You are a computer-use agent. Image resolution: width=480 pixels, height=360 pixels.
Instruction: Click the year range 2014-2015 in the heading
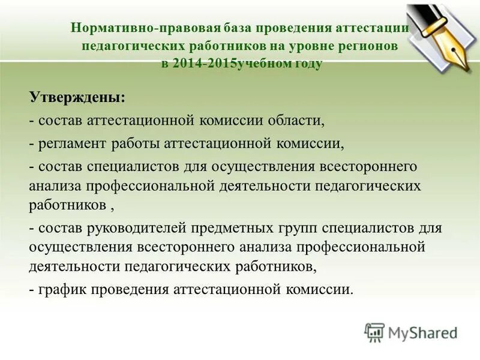(x=203, y=64)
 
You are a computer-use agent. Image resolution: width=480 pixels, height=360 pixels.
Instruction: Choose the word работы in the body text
(x=135, y=143)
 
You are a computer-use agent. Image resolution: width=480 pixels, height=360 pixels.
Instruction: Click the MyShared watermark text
(x=422, y=332)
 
